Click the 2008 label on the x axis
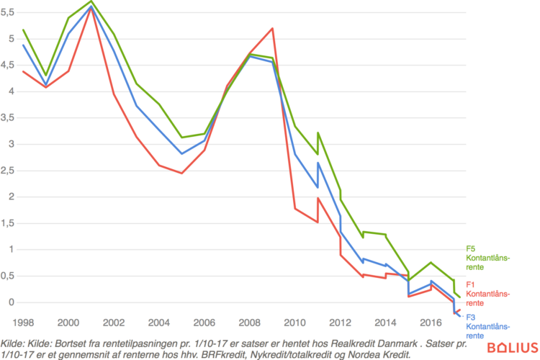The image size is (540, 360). click(x=251, y=323)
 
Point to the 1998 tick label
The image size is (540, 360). click(x=24, y=323)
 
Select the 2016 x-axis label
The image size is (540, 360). click(x=431, y=323)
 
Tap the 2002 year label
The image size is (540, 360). click(x=114, y=323)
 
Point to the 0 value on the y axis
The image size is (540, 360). click(x=12, y=302)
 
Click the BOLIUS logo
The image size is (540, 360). click(x=512, y=348)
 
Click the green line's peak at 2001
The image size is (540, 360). click(x=91, y=1)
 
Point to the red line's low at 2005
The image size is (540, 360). click(x=182, y=173)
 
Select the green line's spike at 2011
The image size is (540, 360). click(x=318, y=132)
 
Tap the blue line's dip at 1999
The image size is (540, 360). click(x=46, y=85)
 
